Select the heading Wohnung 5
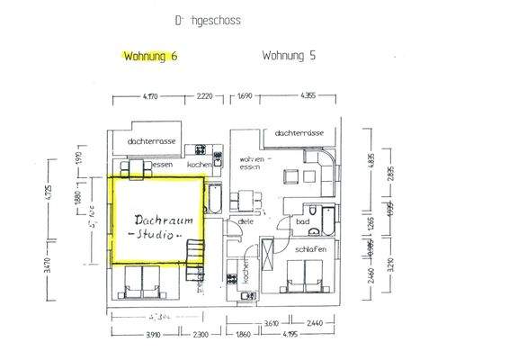pyautogui.click(x=289, y=55)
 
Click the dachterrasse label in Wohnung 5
pyautogui.click(x=300, y=132)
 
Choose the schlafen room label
pyautogui.click(x=308, y=249)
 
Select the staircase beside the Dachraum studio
pyautogui.click(x=194, y=256)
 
